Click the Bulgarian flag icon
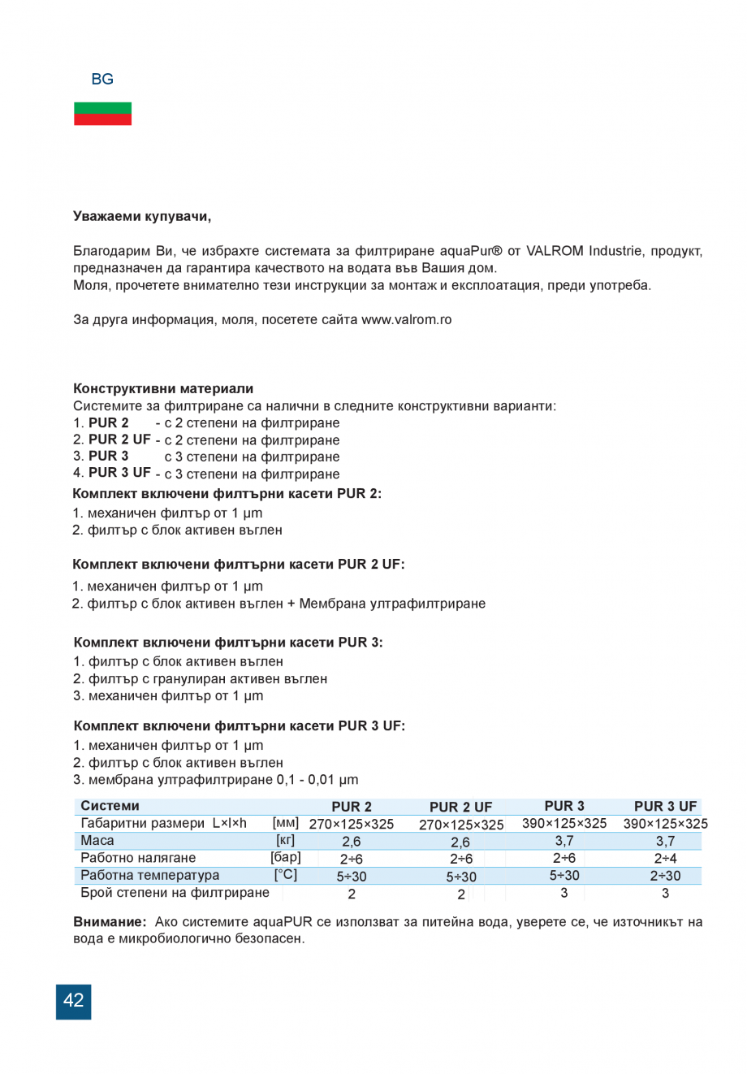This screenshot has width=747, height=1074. [102, 114]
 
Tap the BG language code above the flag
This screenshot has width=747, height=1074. [102, 79]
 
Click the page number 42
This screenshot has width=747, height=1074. [73, 1001]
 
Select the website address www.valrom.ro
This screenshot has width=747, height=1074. [406, 319]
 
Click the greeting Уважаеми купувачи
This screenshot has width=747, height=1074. [142, 216]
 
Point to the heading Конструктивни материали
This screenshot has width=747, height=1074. [163, 388]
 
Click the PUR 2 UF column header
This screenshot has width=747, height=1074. [460, 807]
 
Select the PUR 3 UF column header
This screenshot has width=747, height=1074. [665, 806]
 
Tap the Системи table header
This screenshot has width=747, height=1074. [110, 806]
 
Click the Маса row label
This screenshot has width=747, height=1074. [97, 841]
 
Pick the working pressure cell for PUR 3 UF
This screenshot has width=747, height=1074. [665, 859]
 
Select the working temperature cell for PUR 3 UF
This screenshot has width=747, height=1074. [665, 876]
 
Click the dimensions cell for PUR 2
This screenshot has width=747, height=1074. [351, 824]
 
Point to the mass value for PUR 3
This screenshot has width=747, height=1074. [563, 842]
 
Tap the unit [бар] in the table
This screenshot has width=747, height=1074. [286, 858]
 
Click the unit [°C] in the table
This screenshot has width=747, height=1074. [286, 875]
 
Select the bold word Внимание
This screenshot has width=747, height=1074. [110, 922]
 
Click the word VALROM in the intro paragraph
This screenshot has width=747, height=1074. [555, 250]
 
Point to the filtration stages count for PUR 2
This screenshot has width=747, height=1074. [351, 894]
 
